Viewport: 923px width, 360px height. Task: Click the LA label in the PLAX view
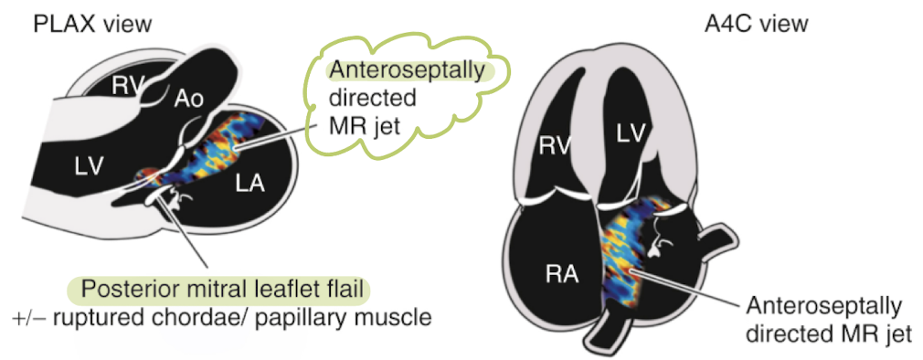(249, 183)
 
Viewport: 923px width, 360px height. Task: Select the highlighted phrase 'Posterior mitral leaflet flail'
(225, 291)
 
